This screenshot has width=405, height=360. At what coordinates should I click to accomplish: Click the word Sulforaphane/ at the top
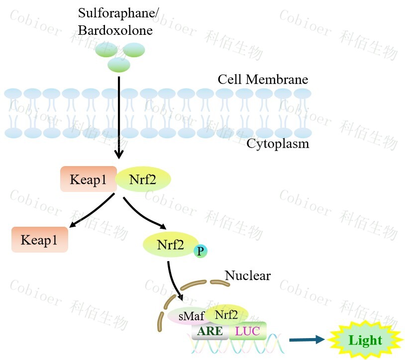click(118, 14)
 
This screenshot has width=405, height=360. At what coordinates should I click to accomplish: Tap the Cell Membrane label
click(263, 80)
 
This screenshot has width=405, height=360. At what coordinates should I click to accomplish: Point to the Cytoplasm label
click(278, 144)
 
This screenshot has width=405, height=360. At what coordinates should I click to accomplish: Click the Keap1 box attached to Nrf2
click(88, 179)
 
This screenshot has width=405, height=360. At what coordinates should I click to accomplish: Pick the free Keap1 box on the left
click(39, 240)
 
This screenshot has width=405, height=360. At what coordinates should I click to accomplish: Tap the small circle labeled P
click(201, 251)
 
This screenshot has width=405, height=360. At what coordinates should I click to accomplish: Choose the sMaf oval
click(186, 316)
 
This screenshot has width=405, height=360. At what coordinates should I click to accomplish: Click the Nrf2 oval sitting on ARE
click(226, 314)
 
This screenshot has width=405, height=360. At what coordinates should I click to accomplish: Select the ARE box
click(209, 331)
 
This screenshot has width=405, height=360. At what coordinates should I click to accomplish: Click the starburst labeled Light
click(365, 341)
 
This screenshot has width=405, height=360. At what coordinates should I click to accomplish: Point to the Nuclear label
click(247, 275)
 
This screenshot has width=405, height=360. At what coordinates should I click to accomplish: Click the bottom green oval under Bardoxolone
click(118, 65)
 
